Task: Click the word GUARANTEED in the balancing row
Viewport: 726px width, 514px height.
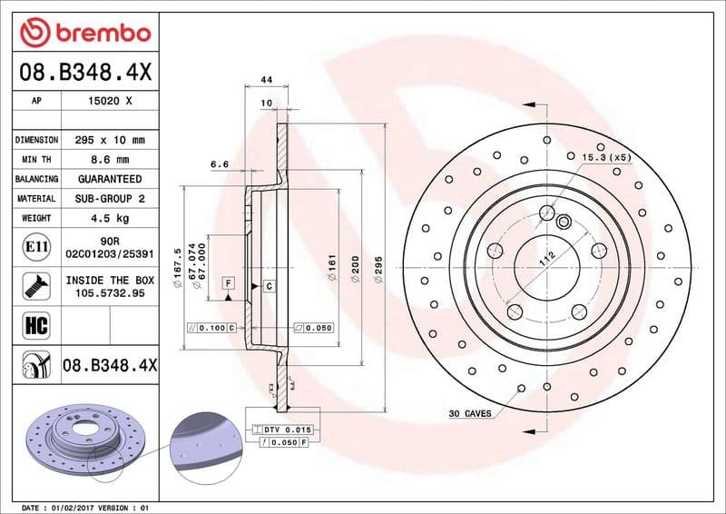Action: (110, 179)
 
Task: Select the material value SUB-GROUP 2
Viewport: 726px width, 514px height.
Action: (110, 198)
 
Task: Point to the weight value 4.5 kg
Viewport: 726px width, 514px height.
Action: (110, 218)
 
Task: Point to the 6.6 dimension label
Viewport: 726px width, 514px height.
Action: (219, 164)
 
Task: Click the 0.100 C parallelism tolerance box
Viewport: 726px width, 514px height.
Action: (211, 327)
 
